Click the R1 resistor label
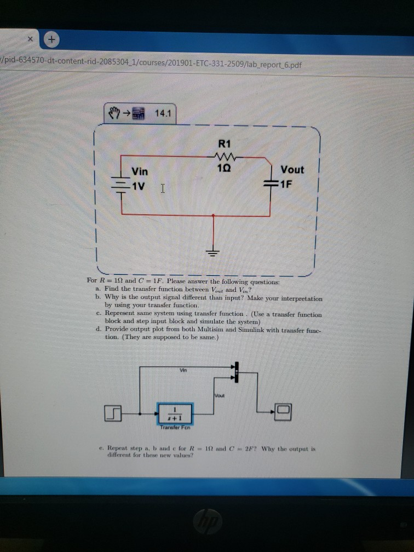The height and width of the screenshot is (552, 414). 225,145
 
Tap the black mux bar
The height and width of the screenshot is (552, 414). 238,372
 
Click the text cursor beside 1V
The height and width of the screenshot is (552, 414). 163,189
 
